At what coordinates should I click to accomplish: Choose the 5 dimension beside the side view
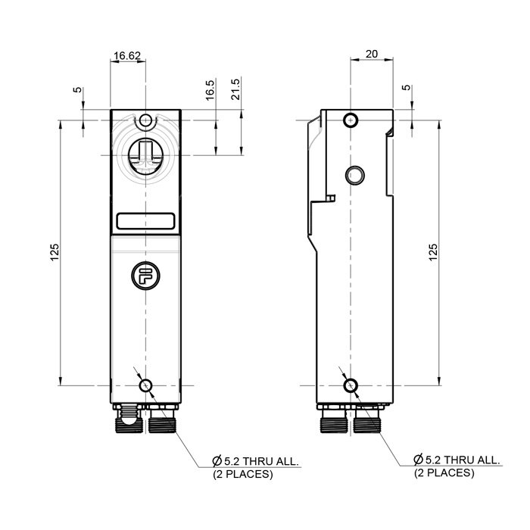coord(407,89)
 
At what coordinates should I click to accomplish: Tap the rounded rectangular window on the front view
coord(145,222)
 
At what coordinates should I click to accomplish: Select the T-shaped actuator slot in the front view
coord(145,157)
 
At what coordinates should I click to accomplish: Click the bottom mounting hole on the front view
coord(145,386)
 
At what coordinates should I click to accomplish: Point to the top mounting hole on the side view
coord(350,120)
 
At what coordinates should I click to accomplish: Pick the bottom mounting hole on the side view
coord(350,386)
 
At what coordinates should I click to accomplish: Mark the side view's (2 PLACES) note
coord(444,473)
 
